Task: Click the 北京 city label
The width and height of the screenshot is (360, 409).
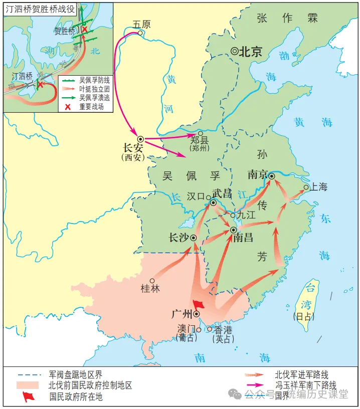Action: pyautogui.click(x=250, y=52)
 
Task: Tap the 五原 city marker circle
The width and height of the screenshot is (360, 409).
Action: pyautogui.click(x=140, y=34)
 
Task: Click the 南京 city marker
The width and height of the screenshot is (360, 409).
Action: pyautogui.click(x=271, y=176)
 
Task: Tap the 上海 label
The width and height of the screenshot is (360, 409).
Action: pyautogui.click(x=319, y=187)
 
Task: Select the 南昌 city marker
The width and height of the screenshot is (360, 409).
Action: pyautogui.click(x=234, y=230)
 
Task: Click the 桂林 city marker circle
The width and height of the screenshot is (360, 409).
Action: pyautogui.click(x=152, y=281)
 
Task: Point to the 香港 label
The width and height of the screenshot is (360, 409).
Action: pyautogui.click(x=224, y=329)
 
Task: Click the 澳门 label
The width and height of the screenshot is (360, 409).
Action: pyautogui.click(x=186, y=329)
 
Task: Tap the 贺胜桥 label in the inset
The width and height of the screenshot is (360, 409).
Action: pyautogui.click(x=65, y=31)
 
